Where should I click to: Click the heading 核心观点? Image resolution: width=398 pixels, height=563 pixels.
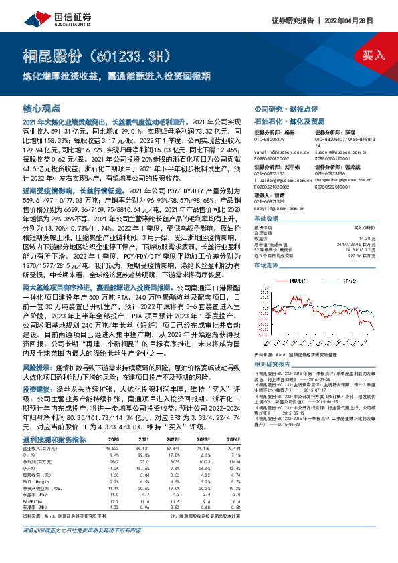[x=41, y=107]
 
